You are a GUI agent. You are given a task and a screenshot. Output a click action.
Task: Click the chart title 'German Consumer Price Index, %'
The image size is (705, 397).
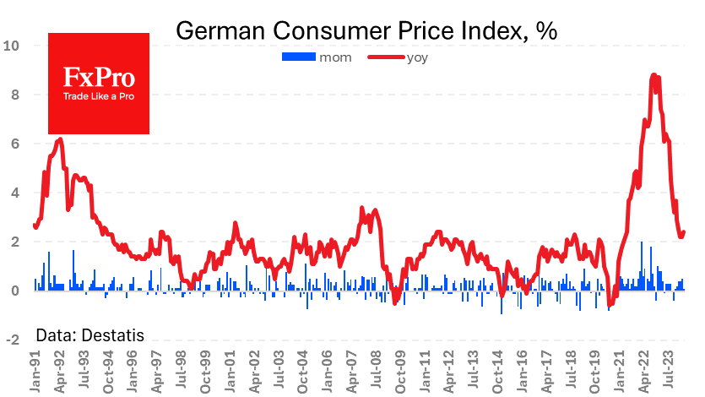click(366, 31)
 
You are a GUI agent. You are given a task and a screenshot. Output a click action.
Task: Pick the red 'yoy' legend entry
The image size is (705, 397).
click(396, 57)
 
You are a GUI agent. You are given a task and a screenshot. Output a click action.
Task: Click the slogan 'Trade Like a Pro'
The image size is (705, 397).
click(99, 95)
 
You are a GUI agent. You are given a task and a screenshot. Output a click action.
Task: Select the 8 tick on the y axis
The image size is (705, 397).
click(15, 95)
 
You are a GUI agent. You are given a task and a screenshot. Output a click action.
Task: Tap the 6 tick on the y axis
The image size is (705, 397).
click(15, 144)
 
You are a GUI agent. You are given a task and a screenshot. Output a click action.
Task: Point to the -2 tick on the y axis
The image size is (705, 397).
click(13, 340)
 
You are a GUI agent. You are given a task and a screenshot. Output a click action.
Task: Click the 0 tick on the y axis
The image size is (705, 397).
click(15, 291)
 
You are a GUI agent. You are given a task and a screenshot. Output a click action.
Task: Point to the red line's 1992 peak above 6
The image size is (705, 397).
click(60, 139)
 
